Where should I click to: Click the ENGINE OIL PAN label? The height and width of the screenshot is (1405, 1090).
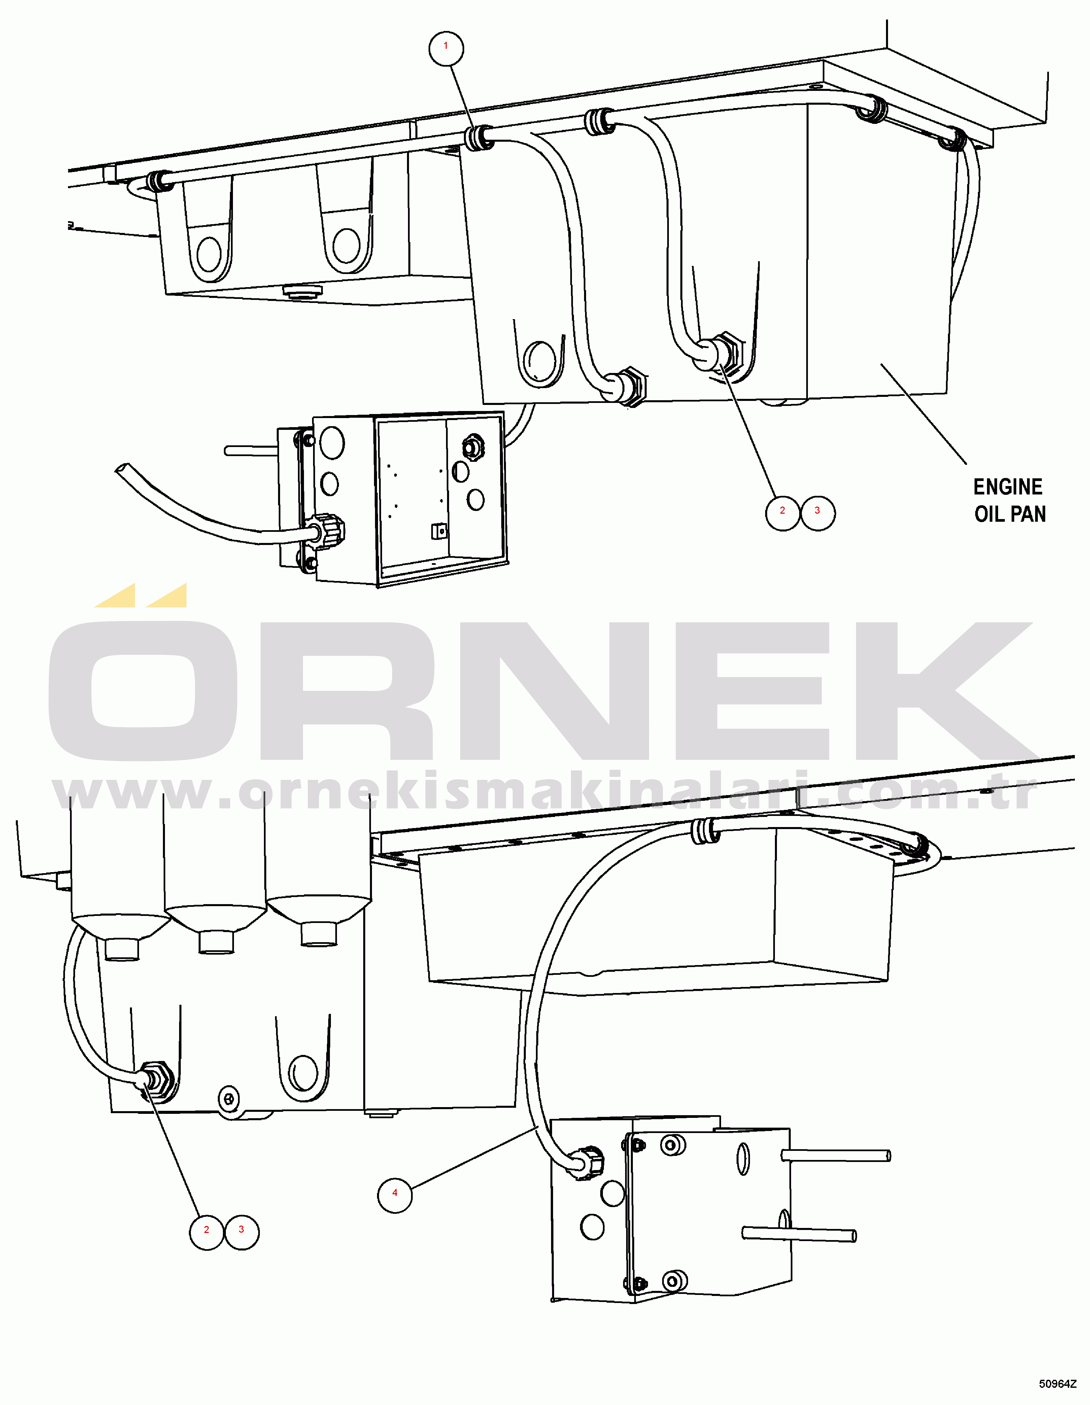pos(1009,500)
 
